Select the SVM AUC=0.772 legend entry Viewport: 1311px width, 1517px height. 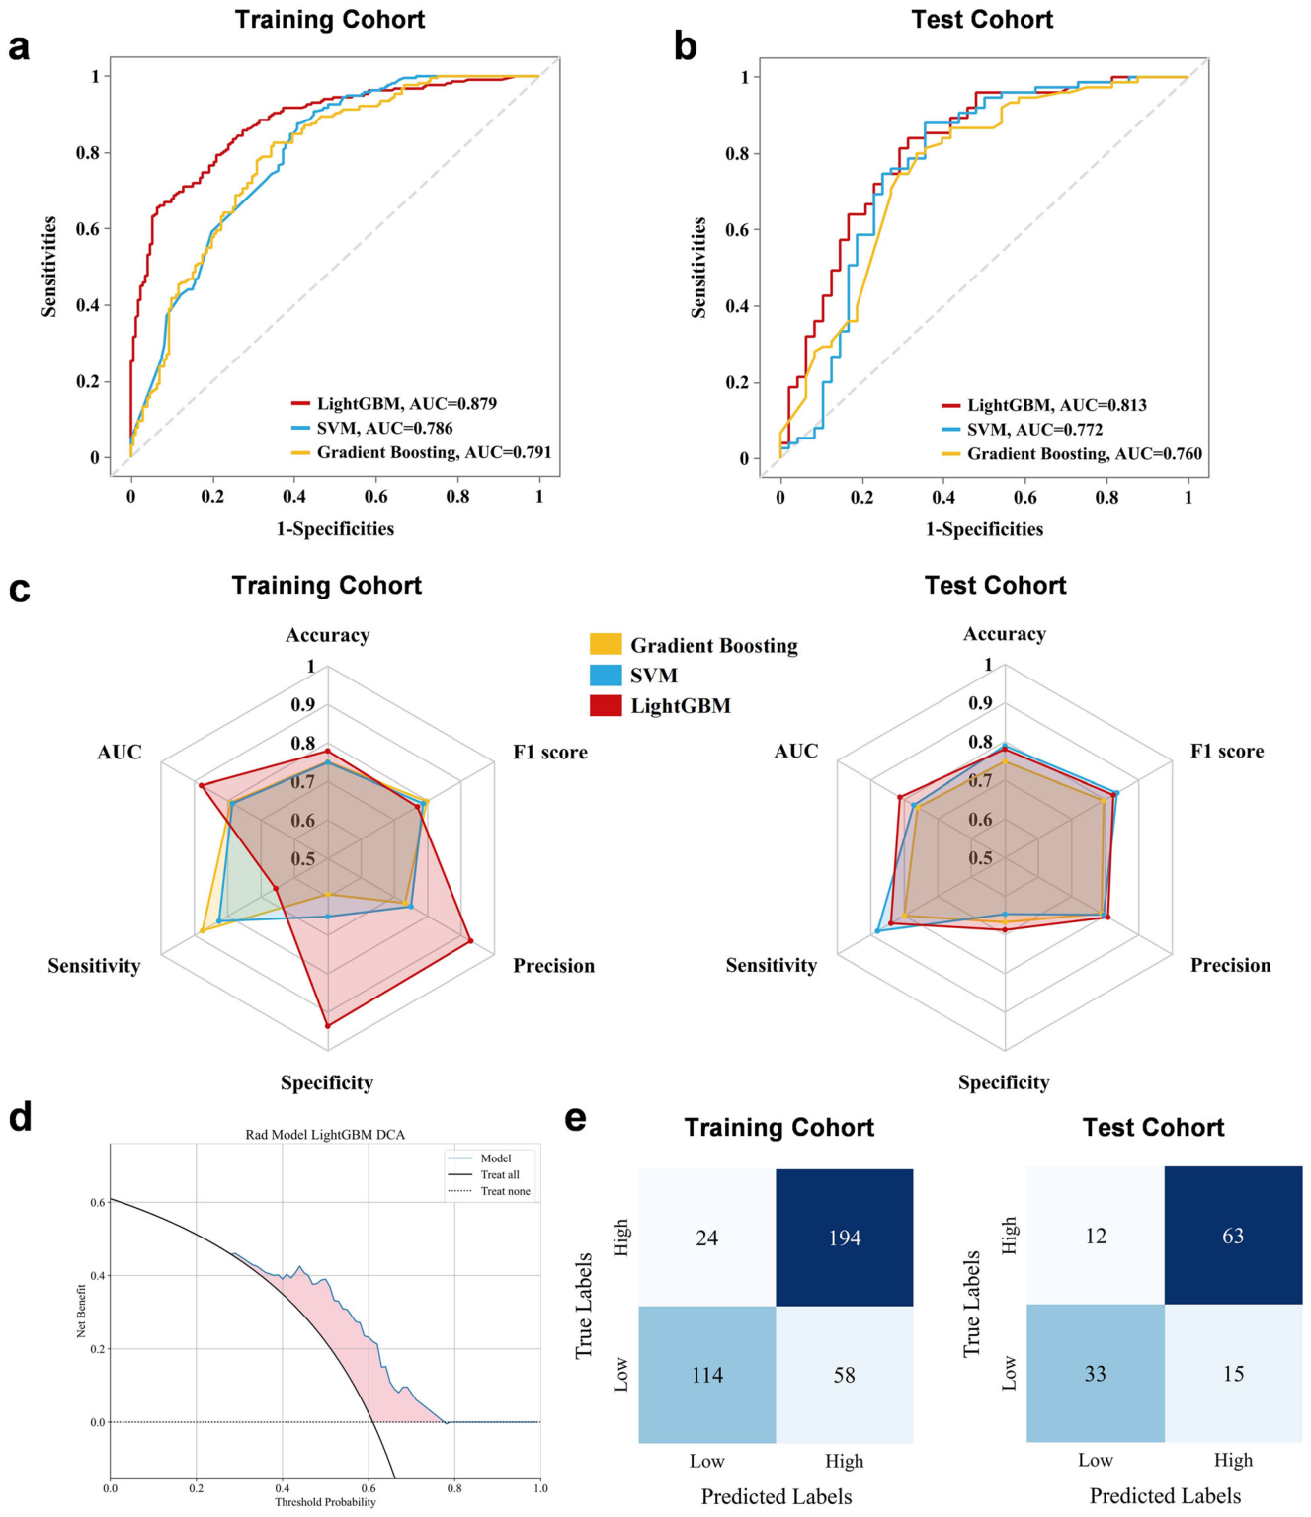1022,430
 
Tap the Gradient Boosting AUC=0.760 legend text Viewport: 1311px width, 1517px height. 1085,453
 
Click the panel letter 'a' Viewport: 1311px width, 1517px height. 19,49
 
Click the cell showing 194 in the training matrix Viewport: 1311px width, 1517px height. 844,1238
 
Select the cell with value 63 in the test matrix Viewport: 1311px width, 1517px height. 1233,1236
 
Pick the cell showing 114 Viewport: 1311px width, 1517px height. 707,1374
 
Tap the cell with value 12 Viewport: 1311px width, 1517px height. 1096,1236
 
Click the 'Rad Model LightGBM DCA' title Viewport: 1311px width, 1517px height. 325,1134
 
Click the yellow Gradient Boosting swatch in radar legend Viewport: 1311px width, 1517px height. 606,644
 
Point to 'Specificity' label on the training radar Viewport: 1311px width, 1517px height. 327,1082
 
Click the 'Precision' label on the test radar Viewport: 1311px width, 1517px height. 1230,964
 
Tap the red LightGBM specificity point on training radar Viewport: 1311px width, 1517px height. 328,1025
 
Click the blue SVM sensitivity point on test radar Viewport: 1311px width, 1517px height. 877,931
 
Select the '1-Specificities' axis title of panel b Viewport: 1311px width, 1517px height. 984,529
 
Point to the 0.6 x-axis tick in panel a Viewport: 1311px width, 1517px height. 375,497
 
